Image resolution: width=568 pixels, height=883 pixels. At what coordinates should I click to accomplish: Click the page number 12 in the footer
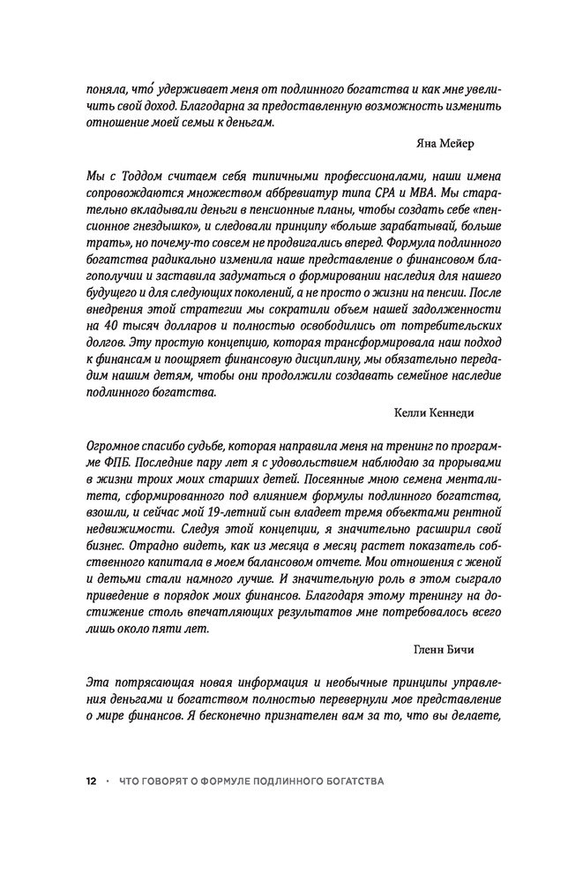(91, 782)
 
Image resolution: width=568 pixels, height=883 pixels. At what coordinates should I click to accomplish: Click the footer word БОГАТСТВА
(353, 782)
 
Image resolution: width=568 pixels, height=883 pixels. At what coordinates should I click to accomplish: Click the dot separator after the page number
(107, 782)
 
